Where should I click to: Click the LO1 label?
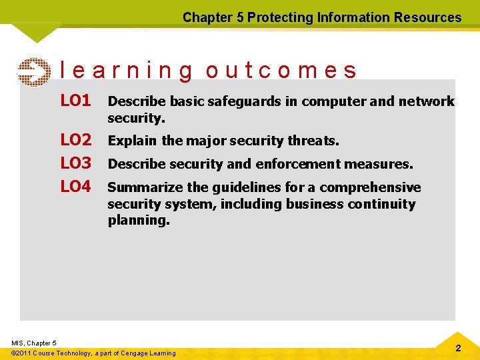tap(75, 101)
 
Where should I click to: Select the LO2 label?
tap(75, 140)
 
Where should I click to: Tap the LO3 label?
tap(75, 163)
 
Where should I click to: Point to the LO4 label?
tap(75, 187)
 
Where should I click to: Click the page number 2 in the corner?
tap(457, 349)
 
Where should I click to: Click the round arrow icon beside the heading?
tap(33, 73)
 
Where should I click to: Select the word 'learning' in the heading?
tap(127, 71)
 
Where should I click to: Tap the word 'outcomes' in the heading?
tap(281, 71)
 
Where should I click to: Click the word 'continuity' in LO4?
tap(383, 204)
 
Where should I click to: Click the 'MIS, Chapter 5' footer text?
tap(34, 343)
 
